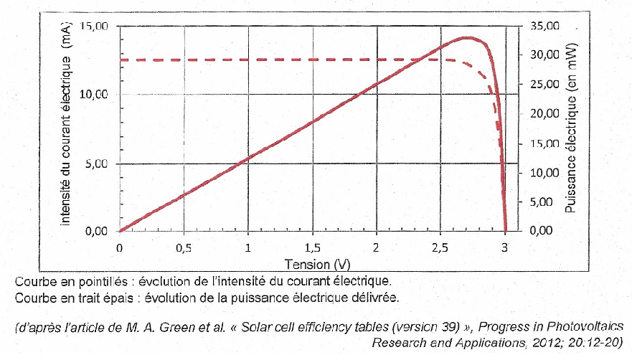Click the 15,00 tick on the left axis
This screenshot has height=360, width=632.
tap(93, 26)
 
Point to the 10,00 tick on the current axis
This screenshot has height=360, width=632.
tap(93, 95)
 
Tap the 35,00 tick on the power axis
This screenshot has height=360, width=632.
tap(542, 26)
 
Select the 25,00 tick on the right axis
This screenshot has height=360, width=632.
tap(542, 85)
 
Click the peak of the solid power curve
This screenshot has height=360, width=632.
tap(468, 37)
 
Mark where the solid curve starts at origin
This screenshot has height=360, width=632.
tap(120, 231)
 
